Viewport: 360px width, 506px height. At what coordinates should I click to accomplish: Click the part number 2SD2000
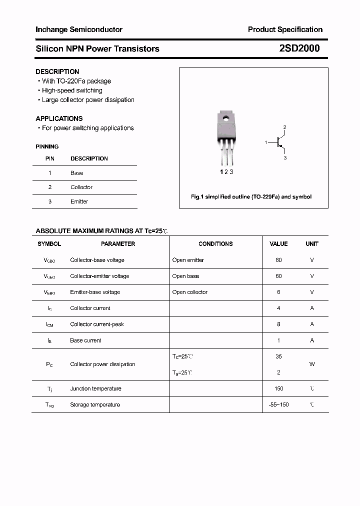[x=299, y=48]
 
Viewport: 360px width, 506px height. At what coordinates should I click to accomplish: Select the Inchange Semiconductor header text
[x=79, y=29]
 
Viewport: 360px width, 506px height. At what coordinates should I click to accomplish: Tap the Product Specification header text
[x=285, y=29]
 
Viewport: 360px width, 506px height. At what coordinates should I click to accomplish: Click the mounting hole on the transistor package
[x=226, y=119]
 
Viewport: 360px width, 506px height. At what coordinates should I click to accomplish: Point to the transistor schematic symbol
[x=278, y=143]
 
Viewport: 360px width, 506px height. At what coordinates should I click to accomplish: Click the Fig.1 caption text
[x=251, y=197]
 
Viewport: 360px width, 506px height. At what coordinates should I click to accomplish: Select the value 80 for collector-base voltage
[x=278, y=260]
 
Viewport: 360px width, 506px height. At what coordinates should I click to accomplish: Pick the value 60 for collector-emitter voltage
[x=278, y=276]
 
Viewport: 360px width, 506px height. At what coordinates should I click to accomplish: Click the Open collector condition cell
[x=189, y=292]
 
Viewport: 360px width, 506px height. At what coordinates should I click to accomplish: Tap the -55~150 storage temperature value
[x=278, y=404]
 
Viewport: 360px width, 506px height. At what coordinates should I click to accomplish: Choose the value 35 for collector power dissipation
[x=278, y=356]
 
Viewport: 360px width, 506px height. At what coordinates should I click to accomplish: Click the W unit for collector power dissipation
[x=312, y=364]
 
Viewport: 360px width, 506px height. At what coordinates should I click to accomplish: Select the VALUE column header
[x=278, y=244]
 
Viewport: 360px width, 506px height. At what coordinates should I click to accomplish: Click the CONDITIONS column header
[x=215, y=244]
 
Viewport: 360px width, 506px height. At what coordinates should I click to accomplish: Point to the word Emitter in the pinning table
[x=79, y=201]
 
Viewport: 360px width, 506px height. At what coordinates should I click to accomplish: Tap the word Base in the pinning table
[x=76, y=173]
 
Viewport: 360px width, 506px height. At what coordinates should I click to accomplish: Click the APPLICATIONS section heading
[x=59, y=118]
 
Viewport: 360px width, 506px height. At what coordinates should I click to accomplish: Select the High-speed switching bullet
[x=72, y=90]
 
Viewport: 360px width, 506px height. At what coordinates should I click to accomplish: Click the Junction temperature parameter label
[x=95, y=388]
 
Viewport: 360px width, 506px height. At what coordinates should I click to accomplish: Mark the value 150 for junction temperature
[x=278, y=388]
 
